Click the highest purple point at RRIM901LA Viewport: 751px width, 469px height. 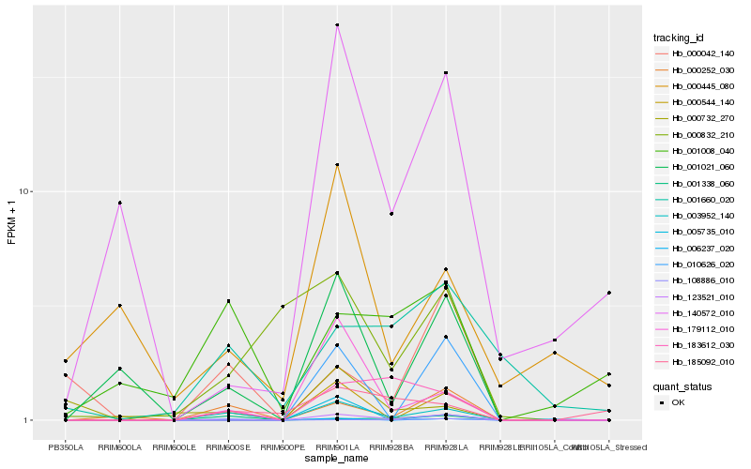337,25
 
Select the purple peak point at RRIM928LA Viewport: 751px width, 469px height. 445,73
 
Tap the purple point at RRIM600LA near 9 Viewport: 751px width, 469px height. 120,203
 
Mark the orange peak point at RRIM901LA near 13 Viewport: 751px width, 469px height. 337,165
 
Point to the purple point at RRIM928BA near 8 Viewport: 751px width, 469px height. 391,214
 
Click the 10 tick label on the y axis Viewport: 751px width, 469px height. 26,191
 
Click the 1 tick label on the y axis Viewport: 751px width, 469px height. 29,420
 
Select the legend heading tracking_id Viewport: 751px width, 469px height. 679,38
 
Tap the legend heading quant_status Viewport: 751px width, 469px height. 682,386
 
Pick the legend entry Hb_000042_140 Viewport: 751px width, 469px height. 702,53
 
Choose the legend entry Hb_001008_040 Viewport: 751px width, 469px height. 702,151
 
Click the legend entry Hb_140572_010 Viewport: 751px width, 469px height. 702,313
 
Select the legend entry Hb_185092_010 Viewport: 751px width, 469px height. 702,362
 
